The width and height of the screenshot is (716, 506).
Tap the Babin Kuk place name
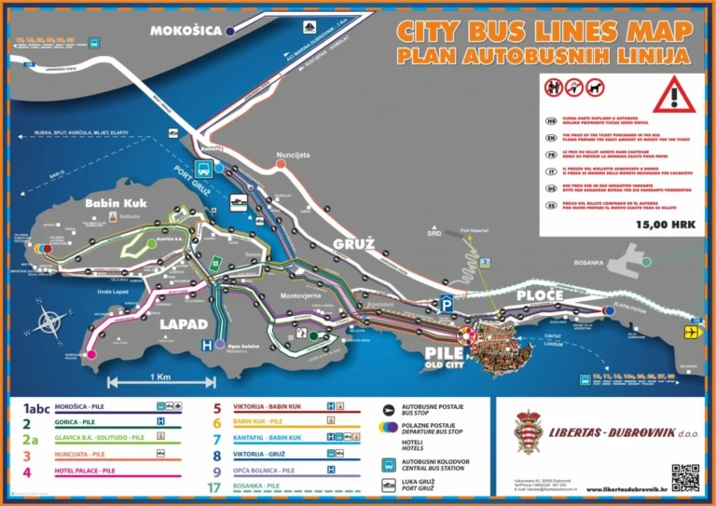point(112,203)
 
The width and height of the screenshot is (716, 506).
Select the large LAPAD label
point(183,323)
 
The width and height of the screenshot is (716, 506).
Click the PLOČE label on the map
point(540,295)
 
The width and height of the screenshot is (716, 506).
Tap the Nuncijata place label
point(292,156)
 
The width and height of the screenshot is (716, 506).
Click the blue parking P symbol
point(447,304)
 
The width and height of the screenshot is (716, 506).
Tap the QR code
point(685,477)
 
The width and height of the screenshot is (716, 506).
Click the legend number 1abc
point(30,407)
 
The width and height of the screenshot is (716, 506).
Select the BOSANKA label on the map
point(589,263)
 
